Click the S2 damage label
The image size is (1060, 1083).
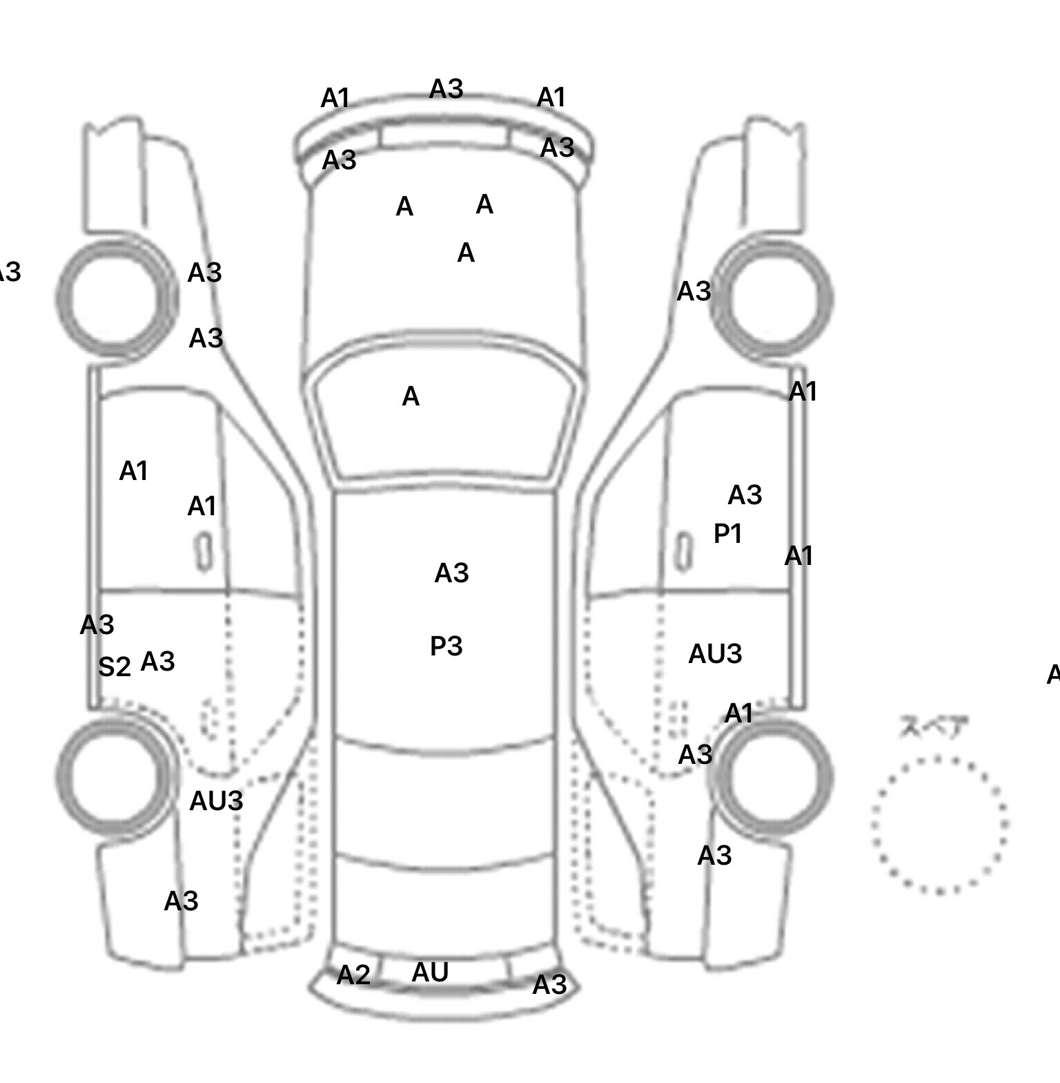coord(114,667)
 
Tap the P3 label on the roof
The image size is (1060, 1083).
coord(446,646)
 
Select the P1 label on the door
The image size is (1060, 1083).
coord(727,533)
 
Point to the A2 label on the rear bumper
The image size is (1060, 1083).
coord(353,975)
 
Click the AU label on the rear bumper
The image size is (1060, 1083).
coord(430,972)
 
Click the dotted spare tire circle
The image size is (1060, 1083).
coord(939,825)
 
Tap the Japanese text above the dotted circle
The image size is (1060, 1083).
coord(934,727)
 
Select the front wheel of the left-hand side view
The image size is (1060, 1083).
coord(116,298)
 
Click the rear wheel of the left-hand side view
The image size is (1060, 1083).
coord(115,774)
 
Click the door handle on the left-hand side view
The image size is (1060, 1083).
coord(204,552)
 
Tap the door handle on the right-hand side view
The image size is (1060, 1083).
coord(683,552)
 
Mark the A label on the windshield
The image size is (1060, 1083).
coord(411,396)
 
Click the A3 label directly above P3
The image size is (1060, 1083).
coord(451,573)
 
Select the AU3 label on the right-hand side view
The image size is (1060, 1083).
coord(715,653)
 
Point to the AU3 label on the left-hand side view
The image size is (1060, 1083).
coord(216,801)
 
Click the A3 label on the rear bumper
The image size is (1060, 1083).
coord(549,985)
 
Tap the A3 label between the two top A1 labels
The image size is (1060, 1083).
coord(446,89)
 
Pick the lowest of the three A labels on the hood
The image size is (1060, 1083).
coord(466,253)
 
